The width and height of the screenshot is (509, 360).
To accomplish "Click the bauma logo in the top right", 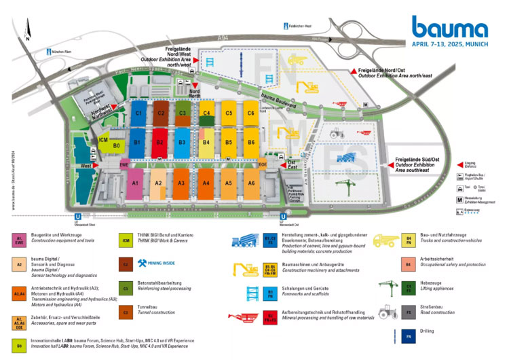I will (x=449, y=28).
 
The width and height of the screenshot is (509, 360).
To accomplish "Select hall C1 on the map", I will (x=138, y=113).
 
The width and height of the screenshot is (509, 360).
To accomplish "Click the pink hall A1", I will (x=135, y=183).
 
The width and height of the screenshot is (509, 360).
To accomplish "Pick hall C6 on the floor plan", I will (x=251, y=113).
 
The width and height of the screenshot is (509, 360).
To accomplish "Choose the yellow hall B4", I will (x=206, y=142).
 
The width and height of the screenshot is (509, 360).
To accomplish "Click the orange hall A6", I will (x=251, y=183).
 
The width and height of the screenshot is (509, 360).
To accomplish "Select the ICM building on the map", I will (x=104, y=140).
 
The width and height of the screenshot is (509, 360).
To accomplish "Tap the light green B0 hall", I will (x=116, y=145).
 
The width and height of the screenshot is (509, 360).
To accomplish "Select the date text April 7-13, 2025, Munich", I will (x=449, y=43).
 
